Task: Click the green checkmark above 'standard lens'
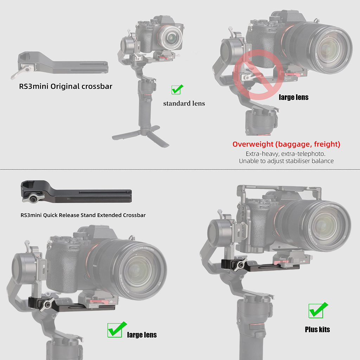coord(177,89)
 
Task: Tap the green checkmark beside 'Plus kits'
coord(318,310)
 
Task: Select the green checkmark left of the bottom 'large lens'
coord(117,330)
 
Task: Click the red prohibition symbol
coord(258,75)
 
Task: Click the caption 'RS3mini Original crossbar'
coord(66,86)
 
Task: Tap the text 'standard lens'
coord(184,104)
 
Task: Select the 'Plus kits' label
coord(317,329)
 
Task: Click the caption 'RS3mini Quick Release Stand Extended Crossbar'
coord(83,215)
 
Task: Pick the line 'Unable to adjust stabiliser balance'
coord(286,161)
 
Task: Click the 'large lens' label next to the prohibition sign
coord(294,97)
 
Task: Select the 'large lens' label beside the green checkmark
coord(142,335)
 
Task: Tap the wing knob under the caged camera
coord(239,265)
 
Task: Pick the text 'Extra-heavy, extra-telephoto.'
coord(285,154)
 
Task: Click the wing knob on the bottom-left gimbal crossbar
coord(47,304)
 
